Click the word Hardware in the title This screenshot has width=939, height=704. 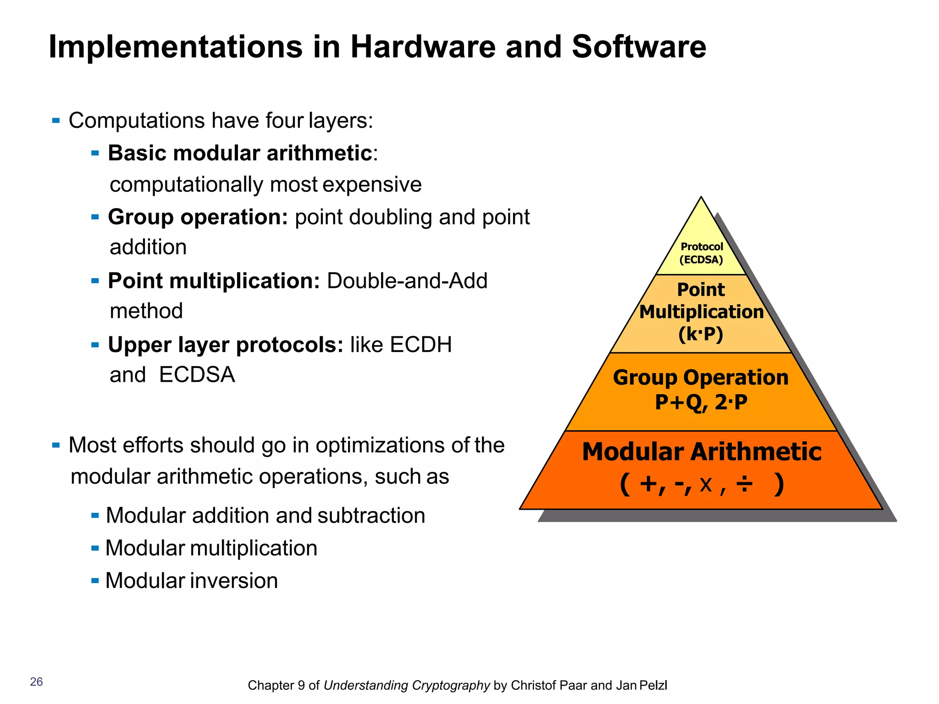[423, 47]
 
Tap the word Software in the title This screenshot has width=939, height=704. [639, 47]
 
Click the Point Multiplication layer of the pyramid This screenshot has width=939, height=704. [701, 312]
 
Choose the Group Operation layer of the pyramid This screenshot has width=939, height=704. [701, 390]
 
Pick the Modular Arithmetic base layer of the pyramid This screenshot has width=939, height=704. [701, 467]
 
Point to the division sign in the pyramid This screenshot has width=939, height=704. [744, 484]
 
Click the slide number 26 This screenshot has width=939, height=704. [36, 682]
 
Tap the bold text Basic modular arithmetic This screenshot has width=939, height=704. [240, 153]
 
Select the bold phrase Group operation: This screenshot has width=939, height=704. [198, 217]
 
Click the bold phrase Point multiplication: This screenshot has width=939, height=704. [214, 280]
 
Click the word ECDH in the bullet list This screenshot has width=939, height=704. [420, 345]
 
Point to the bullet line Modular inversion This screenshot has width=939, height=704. [192, 581]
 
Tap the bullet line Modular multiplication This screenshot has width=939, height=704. [211, 548]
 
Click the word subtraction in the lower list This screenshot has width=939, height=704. [371, 516]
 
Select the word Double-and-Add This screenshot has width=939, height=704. [407, 280]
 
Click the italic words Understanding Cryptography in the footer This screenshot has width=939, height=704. [407, 685]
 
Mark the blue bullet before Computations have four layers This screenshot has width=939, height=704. [56, 121]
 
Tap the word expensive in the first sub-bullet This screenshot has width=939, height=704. [372, 185]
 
